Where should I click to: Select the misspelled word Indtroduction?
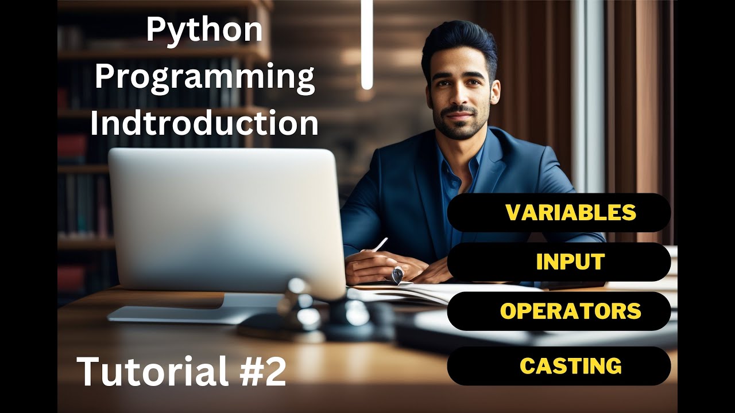[x=204, y=123]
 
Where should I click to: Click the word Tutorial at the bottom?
[x=152, y=371]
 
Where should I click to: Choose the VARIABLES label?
[x=570, y=213]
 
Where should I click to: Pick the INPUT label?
[x=570, y=262]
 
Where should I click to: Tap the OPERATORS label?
[x=570, y=311]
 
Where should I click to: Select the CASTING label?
[x=570, y=366]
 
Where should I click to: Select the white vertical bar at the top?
[x=367, y=43]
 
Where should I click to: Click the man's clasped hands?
[x=396, y=267]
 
